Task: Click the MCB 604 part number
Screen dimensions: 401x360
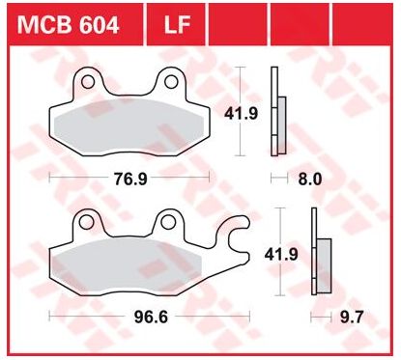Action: coord(69,25)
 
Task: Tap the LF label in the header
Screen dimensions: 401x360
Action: coord(177,25)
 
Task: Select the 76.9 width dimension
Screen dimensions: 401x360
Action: coord(130,179)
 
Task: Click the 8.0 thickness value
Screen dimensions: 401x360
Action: coord(310,179)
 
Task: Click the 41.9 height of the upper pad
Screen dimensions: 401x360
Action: coord(242,113)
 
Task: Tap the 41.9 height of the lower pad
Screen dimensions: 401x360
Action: coord(281,254)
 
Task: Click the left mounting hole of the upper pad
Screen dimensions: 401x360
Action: coord(88,82)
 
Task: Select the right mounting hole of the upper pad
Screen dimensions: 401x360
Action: coord(171,81)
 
